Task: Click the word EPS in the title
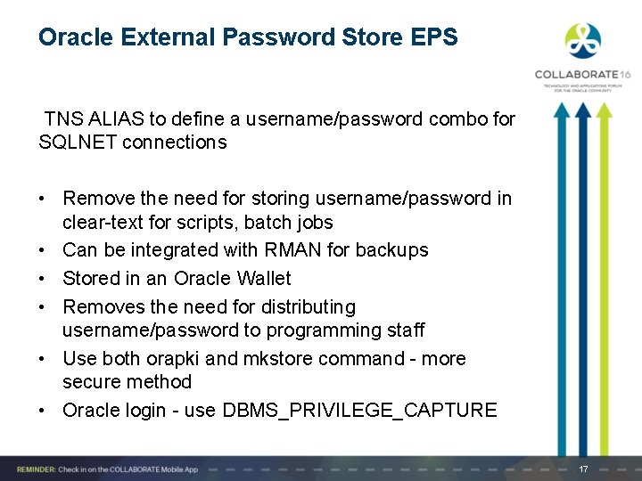pos(435,37)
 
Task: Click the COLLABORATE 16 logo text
pos(582,75)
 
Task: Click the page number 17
pos(584,469)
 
